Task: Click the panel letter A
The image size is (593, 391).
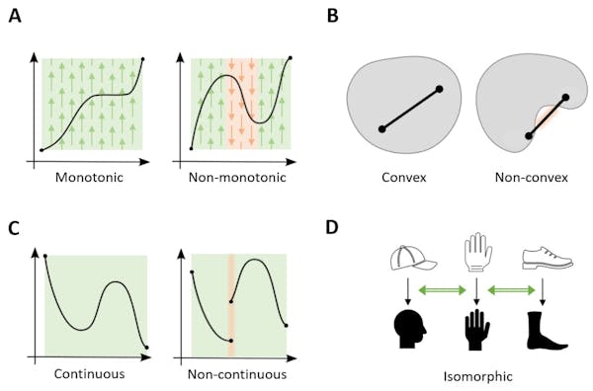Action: pos(14,18)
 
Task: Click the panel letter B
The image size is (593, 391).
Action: pos(333,18)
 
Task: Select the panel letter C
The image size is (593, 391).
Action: pos(14,229)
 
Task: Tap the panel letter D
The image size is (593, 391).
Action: pos(333,229)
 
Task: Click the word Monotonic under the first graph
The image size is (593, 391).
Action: pos(92,178)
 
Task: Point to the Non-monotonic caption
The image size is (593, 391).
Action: pos(240,178)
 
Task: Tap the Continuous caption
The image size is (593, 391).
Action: pos(93,375)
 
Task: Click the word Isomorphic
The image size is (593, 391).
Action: pos(477,375)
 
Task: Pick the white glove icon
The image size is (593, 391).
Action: pos(477,254)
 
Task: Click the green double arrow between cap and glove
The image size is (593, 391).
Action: pos(442,290)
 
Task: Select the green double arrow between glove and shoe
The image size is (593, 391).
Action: pos(512,290)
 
